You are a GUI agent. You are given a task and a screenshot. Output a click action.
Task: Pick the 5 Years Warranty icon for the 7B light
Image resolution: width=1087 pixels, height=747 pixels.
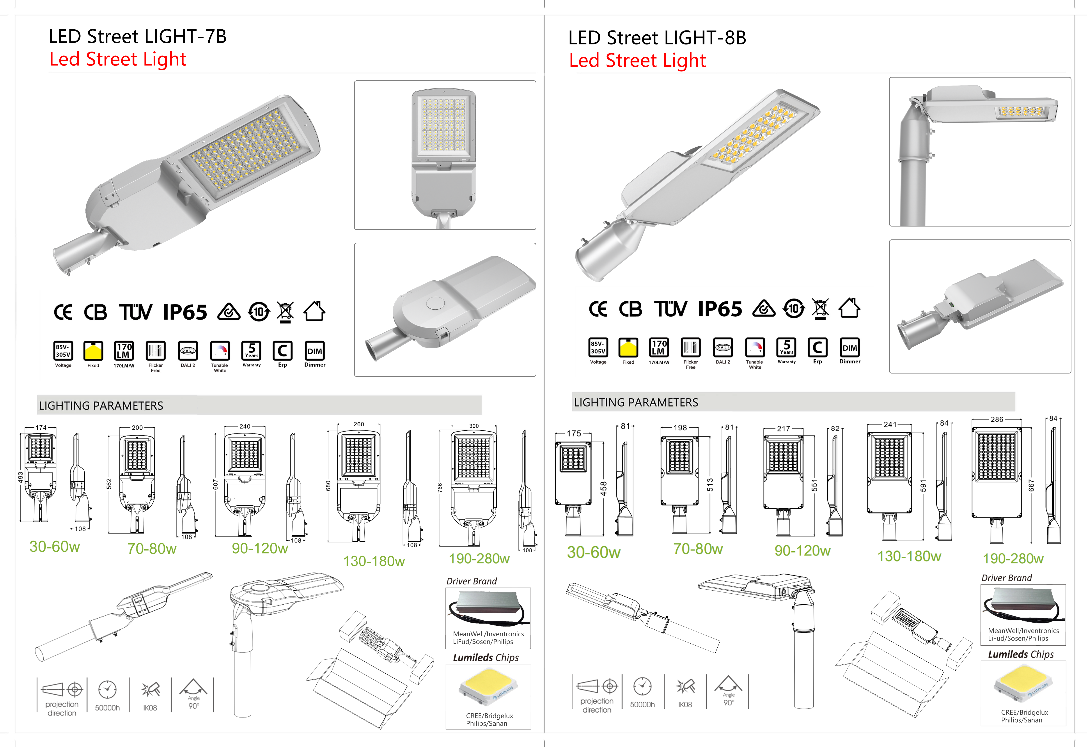251,350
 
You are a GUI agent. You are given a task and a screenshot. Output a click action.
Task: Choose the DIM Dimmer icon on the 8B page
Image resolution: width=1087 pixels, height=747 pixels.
850,348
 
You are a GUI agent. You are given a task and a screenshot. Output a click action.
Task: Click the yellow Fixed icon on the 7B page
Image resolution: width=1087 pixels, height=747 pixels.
93,350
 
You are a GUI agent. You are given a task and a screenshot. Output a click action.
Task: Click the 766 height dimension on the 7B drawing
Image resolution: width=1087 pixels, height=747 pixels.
440,487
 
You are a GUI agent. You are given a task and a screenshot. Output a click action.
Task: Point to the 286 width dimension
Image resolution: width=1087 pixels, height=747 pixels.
997,419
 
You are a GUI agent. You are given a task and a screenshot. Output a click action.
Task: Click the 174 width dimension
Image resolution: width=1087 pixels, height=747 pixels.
41,427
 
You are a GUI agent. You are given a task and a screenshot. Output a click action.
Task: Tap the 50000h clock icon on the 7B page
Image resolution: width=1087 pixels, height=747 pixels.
107,689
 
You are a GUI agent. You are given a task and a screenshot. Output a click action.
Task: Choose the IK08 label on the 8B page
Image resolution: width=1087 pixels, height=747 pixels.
685,705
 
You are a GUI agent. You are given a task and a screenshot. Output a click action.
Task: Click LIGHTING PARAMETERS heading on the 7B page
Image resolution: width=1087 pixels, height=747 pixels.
101,406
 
